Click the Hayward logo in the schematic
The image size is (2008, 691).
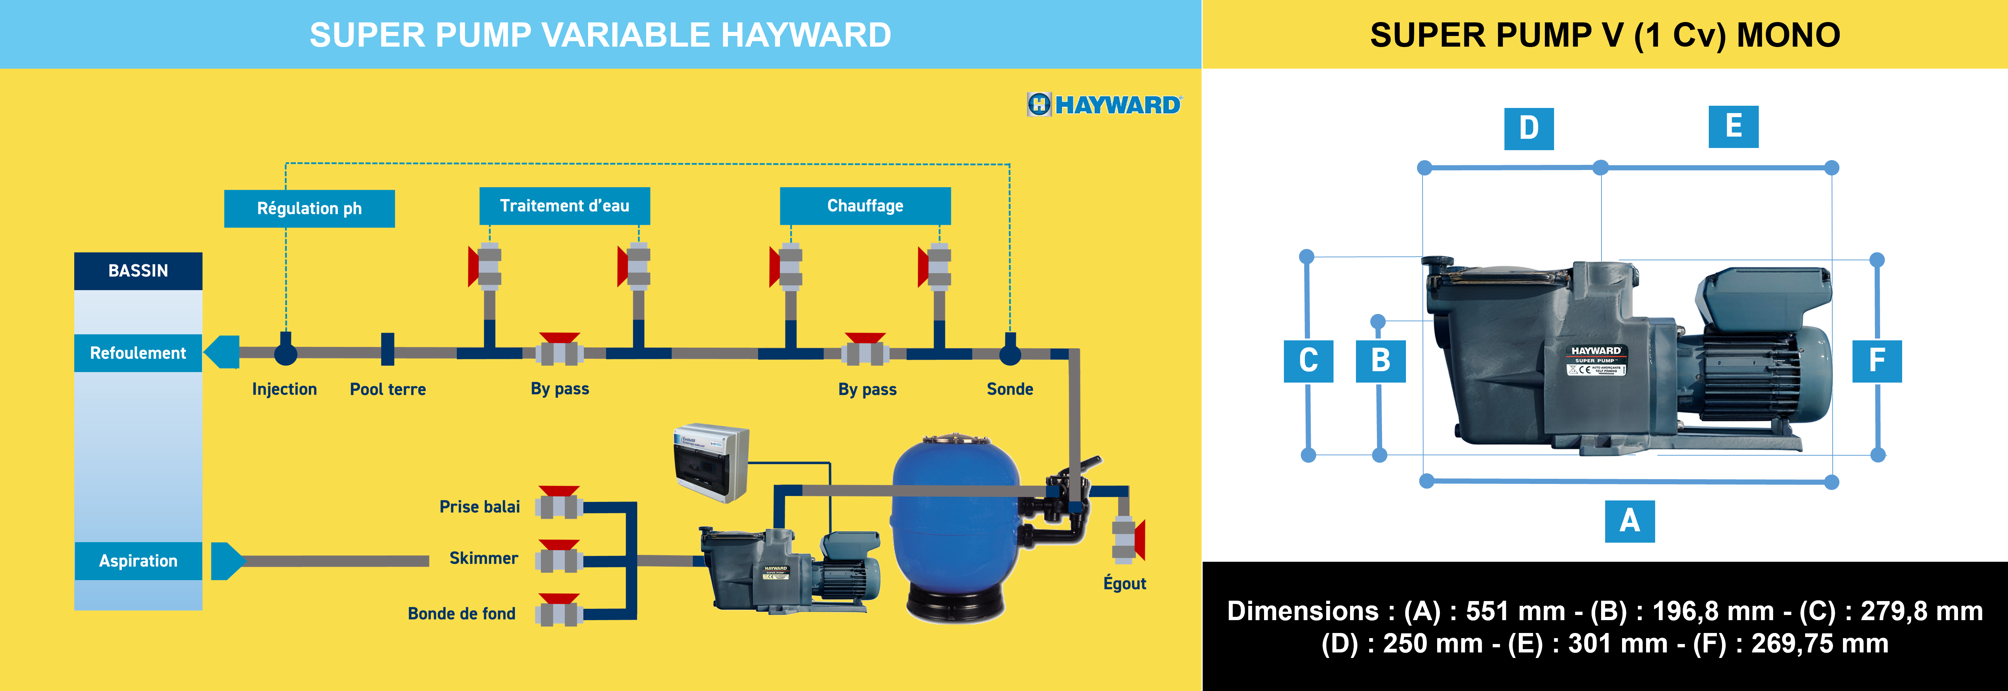[1104, 104]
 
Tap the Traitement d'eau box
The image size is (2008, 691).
[564, 206]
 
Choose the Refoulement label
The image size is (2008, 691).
[138, 353]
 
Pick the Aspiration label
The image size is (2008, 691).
[138, 561]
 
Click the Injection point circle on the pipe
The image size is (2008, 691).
[285, 354]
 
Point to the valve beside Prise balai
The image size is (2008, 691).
[559, 504]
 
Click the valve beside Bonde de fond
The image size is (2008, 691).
[559, 612]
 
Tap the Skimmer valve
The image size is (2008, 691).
[559, 558]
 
